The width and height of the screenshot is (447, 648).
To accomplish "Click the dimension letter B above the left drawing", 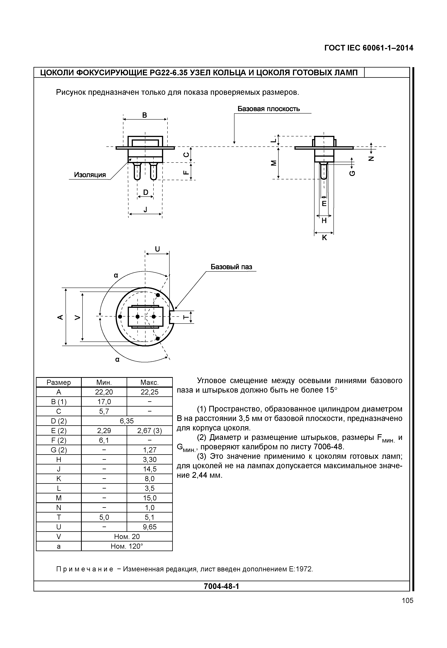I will click(x=145, y=115).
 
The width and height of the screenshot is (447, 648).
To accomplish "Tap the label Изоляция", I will click(x=90, y=175).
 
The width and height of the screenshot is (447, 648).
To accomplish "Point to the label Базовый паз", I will click(x=231, y=267).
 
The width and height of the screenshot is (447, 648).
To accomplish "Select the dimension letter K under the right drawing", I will click(x=324, y=238).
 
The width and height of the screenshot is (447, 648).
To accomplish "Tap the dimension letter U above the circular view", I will click(x=157, y=249).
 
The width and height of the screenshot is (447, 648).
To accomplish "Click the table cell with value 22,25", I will click(x=149, y=392).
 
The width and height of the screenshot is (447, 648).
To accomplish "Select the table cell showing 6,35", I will click(x=127, y=421).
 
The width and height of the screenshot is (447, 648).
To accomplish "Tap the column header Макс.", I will click(x=149, y=383).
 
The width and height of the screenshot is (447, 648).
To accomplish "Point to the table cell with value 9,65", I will click(x=149, y=527).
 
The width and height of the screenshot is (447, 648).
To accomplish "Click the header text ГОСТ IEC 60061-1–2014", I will click(x=369, y=48).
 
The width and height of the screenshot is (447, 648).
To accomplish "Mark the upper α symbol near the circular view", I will click(x=116, y=275).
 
